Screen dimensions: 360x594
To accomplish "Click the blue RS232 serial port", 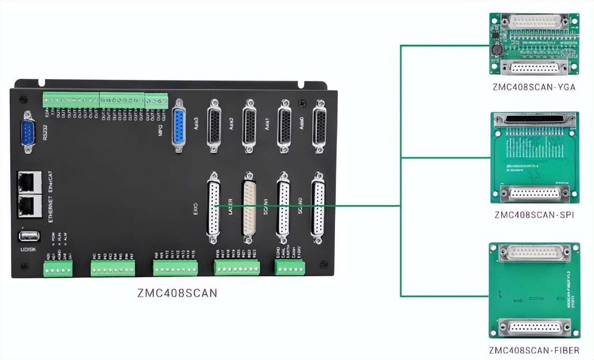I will [x=28, y=132].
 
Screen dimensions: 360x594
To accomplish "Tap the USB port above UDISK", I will [x=29, y=236].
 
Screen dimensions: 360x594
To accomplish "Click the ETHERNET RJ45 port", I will [x=29, y=206].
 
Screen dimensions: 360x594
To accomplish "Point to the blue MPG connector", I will [x=179, y=125].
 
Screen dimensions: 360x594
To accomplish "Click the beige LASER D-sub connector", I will [x=249, y=207].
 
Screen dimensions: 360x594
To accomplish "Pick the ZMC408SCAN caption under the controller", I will [x=177, y=293].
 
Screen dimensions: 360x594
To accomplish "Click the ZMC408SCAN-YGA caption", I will [x=534, y=87].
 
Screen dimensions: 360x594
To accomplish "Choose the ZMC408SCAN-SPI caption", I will [x=534, y=215].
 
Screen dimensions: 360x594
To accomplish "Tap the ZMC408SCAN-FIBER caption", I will [x=534, y=351].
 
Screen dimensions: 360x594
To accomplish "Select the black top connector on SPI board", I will [x=535, y=120].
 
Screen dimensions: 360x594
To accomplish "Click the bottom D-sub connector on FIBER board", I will [x=534, y=327].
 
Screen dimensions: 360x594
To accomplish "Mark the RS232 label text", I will [x=45, y=132].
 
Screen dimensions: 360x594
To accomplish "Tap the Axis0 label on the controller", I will [x=302, y=126].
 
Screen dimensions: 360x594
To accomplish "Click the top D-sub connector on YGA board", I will [x=534, y=22].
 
